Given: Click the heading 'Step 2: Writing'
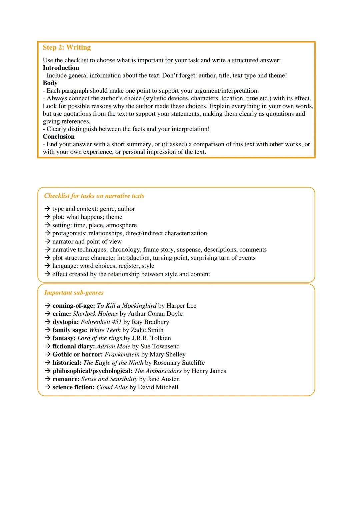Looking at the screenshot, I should tap(67, 47).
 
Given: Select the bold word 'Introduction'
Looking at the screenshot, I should tap(61, 68).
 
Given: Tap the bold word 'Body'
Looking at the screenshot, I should tap(50, 83).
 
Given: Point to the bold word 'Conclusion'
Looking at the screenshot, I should tap(59, 136).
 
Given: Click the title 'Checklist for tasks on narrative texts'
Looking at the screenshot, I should tap(94, 196).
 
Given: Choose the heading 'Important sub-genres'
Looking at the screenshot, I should tap(74, 292).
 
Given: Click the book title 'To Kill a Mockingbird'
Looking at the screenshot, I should tap(126, 305).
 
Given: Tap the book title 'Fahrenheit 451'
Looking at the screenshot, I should tap(101, 322).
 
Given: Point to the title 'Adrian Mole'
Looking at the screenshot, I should tap(113, 346).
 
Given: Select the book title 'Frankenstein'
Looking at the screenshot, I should tap(122, 354).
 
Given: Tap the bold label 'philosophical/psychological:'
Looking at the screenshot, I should tap(92, 371).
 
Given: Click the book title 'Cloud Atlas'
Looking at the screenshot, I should tap(112, 387).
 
